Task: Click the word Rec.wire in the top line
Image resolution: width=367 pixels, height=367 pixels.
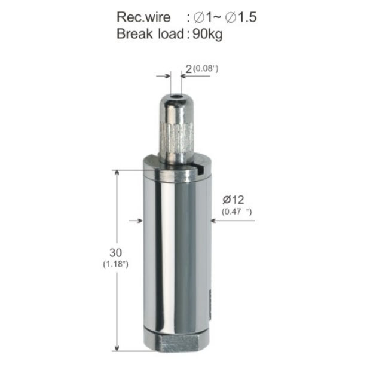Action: point(143,17)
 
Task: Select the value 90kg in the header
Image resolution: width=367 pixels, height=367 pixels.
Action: point(207,35)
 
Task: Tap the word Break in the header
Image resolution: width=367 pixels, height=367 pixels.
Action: point(134,34)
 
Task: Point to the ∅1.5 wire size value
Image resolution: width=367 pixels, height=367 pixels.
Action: point(241,17)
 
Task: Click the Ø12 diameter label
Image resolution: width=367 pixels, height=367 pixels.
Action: point(233,200)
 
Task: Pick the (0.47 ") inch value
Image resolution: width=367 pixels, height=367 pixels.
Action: point(237,212)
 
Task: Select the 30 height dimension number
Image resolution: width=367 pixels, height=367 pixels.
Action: point(115,253)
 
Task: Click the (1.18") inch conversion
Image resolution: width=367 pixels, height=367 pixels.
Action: point(115,264)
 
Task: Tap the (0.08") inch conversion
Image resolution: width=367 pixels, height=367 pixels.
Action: point(206,69)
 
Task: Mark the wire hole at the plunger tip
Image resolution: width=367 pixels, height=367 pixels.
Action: point(176,97)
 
